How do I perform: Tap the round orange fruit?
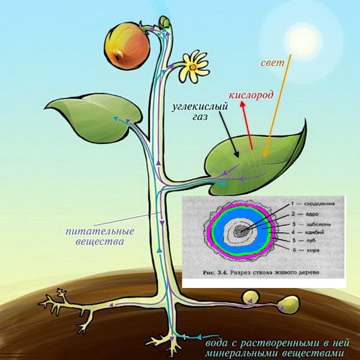point(127,46)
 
